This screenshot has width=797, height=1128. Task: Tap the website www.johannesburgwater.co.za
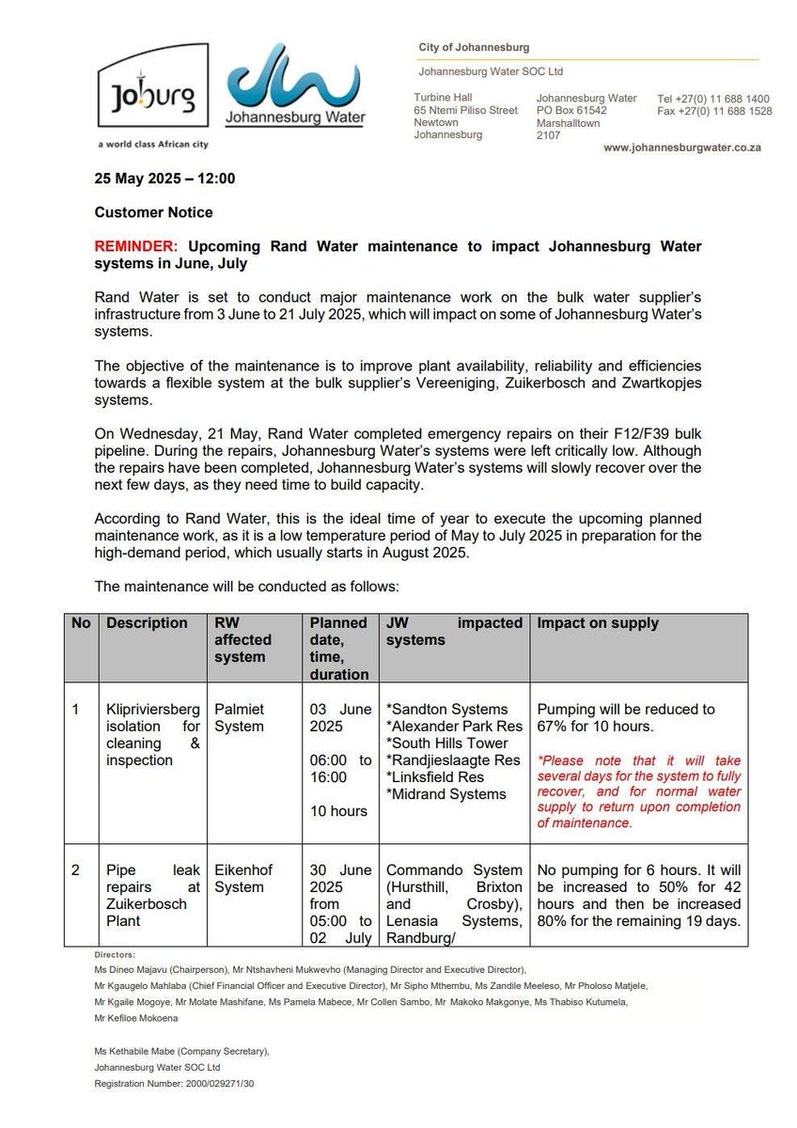(681, 149)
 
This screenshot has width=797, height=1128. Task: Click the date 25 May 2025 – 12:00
(164, 179)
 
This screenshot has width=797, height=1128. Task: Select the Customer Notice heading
(154, 212)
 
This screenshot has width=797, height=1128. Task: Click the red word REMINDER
(136, 245)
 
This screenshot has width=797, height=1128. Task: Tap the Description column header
(147, 623)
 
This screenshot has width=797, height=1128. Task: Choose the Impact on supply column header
(597, 623)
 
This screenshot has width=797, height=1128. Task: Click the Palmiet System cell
(240, 717)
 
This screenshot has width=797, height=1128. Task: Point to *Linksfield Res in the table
(438, 777)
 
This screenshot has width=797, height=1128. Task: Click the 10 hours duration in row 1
(338, 810)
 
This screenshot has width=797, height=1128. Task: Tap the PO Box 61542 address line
(570, 110)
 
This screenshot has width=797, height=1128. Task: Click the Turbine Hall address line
(445, 98)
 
